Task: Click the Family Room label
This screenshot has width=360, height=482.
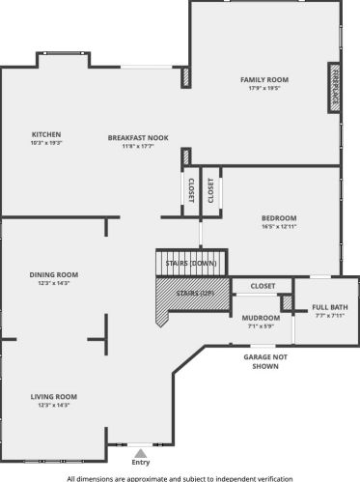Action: pos(264,79)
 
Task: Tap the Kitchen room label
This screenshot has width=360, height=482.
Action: pos(46,134)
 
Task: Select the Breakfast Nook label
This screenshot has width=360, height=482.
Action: pos(138,138)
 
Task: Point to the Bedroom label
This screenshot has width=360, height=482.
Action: pos(279,218)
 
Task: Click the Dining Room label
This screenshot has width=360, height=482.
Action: pos(54,274)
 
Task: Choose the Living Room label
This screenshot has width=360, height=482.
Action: pos(54,397)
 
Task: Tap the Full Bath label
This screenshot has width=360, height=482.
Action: pos(330,307)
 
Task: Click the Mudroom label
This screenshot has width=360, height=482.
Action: pos(261,318)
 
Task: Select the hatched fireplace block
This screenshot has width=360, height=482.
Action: pos(335,88)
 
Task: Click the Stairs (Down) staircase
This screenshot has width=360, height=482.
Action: pos(192,263)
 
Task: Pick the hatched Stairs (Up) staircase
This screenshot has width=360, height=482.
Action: pos(193,298)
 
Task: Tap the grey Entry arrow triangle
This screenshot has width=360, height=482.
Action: pos(141,453)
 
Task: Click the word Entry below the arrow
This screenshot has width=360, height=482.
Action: pos(141,462)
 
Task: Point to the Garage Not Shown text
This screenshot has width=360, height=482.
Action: pos(265,361)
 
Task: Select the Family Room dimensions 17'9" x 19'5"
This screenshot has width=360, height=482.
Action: pos(264,88)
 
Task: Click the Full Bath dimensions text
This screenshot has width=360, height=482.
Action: pos(330,316)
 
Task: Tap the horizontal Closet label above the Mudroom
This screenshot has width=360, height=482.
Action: pos(263,286)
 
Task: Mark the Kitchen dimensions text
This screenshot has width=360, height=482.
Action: pos(46,143)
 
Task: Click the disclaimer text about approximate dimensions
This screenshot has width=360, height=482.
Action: pos(180,478)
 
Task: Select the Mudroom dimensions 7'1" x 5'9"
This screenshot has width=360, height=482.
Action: pos(261,326)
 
